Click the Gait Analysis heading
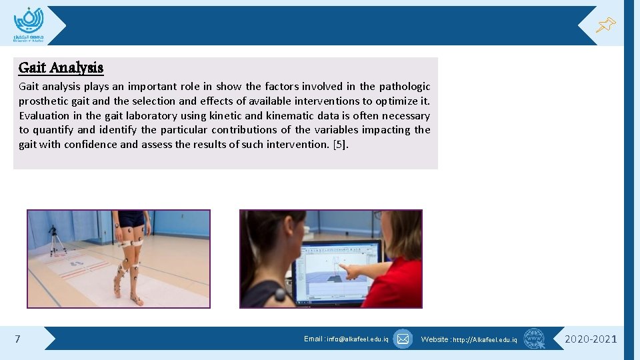(61, 67)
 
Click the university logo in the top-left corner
(29, 25)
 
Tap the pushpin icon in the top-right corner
(605, 25)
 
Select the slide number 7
(17, 339)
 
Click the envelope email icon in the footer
(403, 339)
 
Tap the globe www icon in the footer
(534, 339)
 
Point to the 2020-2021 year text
(591, 339)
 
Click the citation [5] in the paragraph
(340, 145)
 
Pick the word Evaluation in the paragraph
(45, 116)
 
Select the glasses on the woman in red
(380, 215)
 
